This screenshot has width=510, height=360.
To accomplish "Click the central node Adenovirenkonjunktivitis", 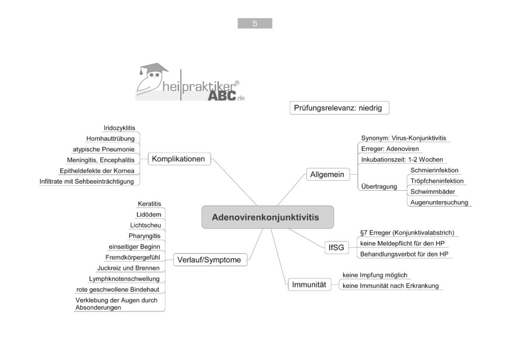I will click(267, 217).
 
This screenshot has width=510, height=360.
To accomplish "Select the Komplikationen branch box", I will click(179, 159).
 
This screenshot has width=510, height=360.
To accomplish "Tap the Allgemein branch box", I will click(327, 175).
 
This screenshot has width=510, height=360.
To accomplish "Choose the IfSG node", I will click(336, 247).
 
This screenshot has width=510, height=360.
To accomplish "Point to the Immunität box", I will click(309, 285).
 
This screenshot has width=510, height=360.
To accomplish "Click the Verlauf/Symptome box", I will click(209, 259).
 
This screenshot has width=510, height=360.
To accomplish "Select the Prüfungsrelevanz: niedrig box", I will click(338, 108).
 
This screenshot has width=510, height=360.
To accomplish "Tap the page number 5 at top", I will click(255, 23).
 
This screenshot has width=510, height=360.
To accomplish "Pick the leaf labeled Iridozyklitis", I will click(119, 128).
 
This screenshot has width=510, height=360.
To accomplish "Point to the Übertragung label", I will click(379, 187).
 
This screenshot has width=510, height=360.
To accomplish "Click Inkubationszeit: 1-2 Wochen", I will click(402, 159).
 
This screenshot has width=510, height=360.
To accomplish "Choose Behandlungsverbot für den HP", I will click(405, 254).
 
